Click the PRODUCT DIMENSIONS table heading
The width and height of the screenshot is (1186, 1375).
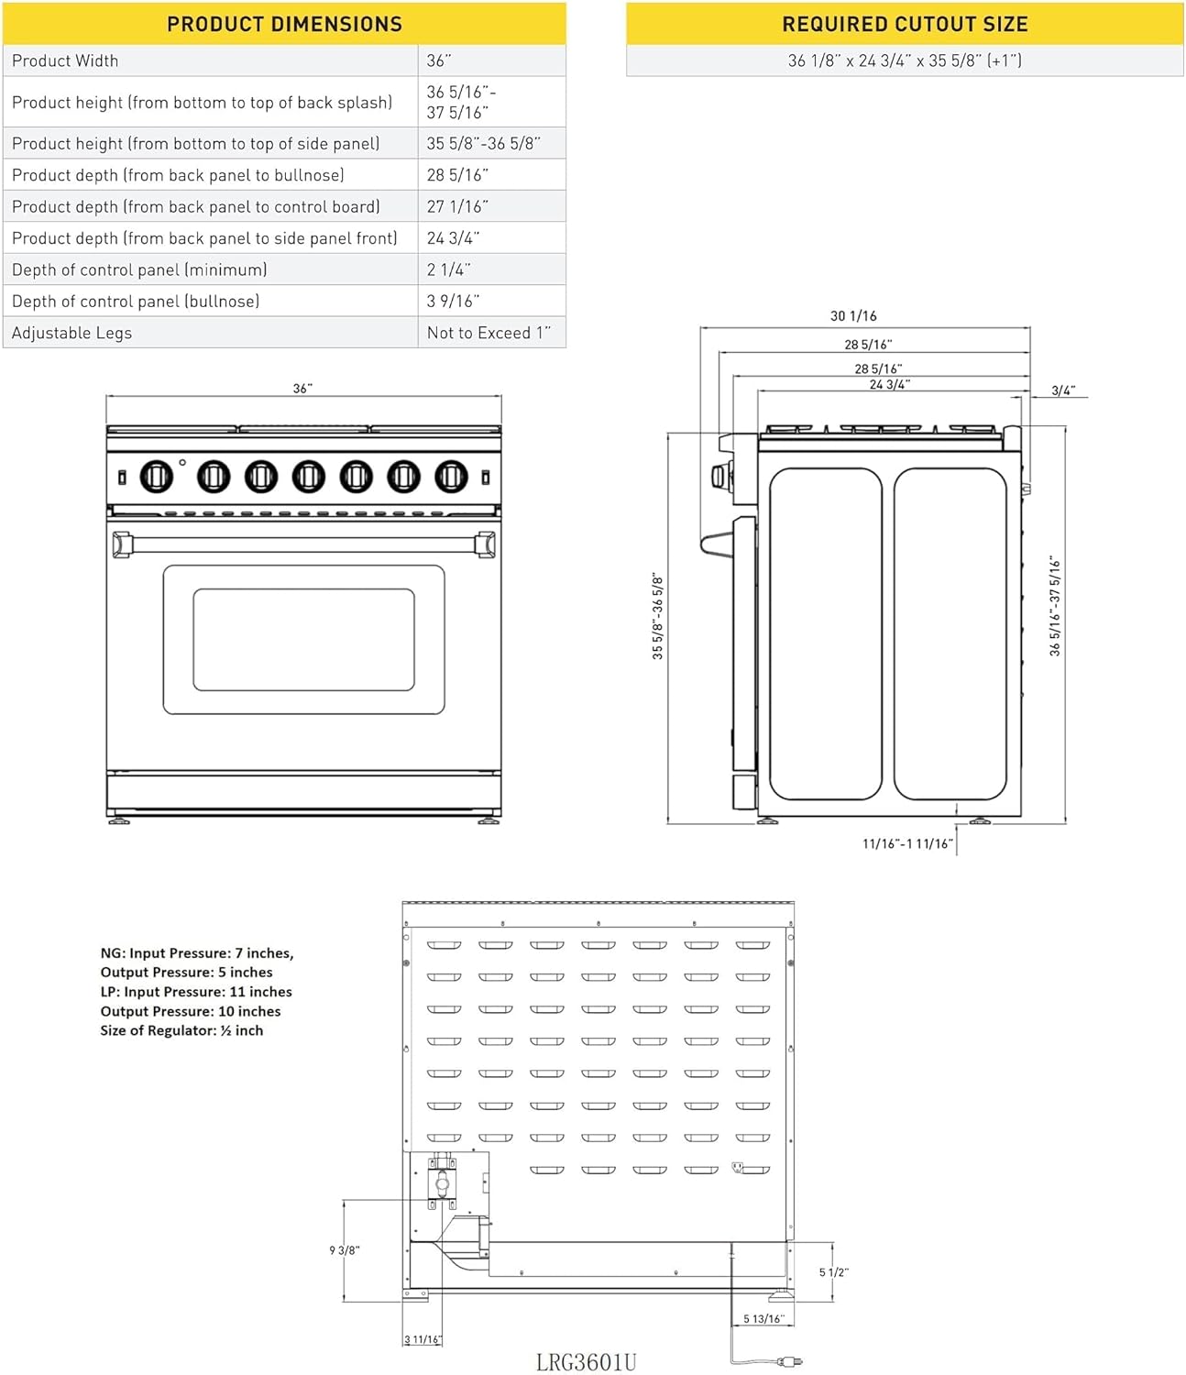coord(284,24)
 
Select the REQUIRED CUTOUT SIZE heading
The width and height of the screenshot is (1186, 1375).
coord(905,24)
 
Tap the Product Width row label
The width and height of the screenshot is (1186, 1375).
coord(65,60)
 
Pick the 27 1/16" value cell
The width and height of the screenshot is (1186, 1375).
coord(457,207)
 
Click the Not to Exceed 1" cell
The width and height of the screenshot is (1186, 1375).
coord(489,333)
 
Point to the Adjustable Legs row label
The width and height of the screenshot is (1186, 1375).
coord(71,333)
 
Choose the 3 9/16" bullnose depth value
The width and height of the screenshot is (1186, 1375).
coord(453,302)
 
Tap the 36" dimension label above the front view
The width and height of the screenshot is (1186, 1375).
coord(302,388)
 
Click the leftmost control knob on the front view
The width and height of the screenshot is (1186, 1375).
coord(157,477)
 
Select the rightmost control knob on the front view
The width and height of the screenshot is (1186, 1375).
coord(451,477)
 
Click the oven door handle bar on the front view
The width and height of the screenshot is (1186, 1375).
coord(304,544)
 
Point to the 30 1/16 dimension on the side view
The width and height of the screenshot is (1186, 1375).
coord(853,316)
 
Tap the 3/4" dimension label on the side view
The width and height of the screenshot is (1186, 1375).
coord(1063,390)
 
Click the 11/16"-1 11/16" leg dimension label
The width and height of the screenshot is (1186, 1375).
coord(907,843)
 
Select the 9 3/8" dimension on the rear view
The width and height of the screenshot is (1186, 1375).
coord(345,1250)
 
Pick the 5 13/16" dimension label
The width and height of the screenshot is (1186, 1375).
coord(763,1318)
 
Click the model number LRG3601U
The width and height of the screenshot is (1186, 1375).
coord(586,1361)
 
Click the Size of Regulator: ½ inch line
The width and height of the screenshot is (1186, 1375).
coord(181,1030)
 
